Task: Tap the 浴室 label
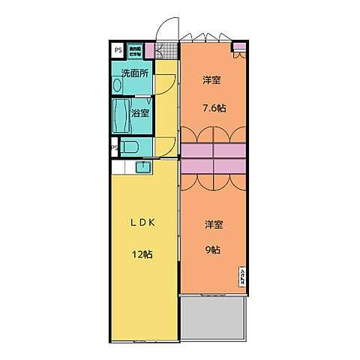point(139,113)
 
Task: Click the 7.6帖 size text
point(214,107)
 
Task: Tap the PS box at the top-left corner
point(118,50)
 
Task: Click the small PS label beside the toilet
point(115,148)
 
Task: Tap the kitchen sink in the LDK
point(144,166)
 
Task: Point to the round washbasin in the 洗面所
point(117,86)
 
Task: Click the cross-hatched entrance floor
point(166,50)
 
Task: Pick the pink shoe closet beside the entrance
point(149,51)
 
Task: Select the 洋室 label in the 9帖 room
point(213,223)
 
